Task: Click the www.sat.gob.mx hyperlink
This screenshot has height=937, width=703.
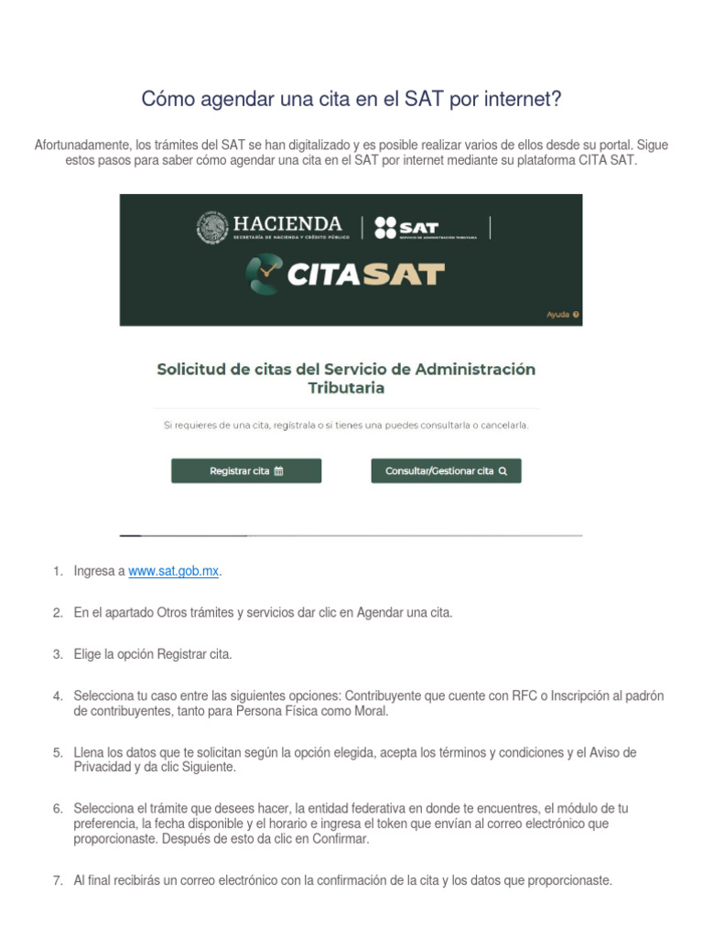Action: coord(174,571)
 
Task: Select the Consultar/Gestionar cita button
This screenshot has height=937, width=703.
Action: coord(446,471)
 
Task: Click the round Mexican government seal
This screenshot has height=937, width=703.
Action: coord(212,228)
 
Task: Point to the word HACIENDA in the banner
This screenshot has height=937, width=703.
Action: coord(287,223)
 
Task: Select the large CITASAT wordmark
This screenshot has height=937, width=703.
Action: coord(366,275)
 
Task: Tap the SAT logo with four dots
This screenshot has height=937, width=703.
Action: coord(406,228)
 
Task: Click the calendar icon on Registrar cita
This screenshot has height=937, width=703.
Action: coord(279,471)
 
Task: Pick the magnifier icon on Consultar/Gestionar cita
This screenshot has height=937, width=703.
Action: coord(503,472)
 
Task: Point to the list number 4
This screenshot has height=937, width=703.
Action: coord(57,696)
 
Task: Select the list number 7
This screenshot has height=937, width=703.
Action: coord(57,881)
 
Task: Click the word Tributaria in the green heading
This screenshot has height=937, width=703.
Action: coord(346,388)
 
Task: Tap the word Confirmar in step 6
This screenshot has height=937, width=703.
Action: coord(341,838)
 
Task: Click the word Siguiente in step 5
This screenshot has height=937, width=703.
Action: coord(209,768)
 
